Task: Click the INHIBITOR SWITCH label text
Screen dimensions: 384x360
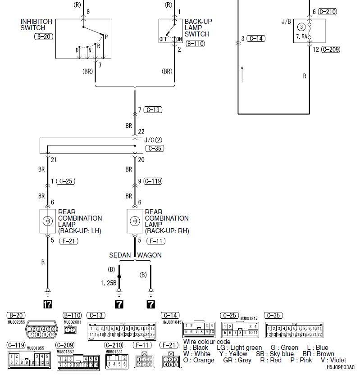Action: pyautogui.click(x=36, y=25)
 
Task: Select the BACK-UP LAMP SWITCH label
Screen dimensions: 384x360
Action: pyautogui.click(x=198, y=28)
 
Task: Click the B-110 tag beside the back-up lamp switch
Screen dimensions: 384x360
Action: pyautogui.click(x=195, y=44)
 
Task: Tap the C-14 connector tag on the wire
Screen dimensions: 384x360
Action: pyautogui.click(x=256, y=39)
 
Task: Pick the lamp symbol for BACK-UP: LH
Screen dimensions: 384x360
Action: pyautogui.click(x=47, y=221)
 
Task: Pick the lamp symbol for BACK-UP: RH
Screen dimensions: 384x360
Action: pyautogui.click(x=134, y=221)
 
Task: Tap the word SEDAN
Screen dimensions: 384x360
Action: pyautogui.click(x=120, y=255)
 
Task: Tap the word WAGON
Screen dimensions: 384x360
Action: pyautogui.click(x=149, y=255)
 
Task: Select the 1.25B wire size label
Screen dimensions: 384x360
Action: pyautogui.click(x=109, y=283)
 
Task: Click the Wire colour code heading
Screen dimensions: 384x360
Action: pyautogui.click(x=207, y=342)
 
